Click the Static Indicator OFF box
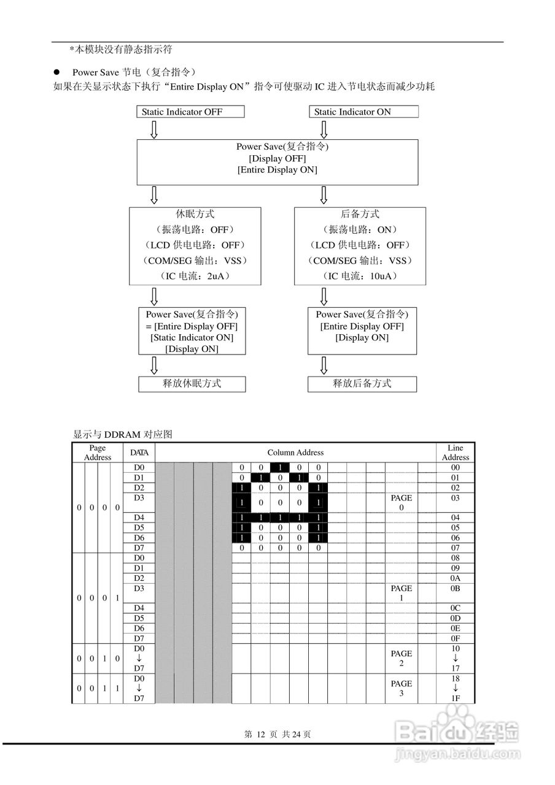[x=190, y=112]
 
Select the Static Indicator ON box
[x=363, y=112]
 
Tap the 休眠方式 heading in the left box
[x=195, y=214]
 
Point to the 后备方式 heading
[x=360, y=214]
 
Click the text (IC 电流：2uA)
[x=195, y=276]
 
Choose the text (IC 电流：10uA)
[x=360, y=276]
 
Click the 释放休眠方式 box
[x=192, y=384]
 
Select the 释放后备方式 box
[x=362, y=384]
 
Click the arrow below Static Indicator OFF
[x=154, y=129]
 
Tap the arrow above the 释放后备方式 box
[x=324, y=366]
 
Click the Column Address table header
[x=295, y=453]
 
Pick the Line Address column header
[x=456, y=453]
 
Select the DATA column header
[x=139, y=453]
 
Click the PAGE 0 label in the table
[x=402, y=503]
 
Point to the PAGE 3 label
[x=402, y=688]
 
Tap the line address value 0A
[x=456, y=578]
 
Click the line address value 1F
[x=456, y=699]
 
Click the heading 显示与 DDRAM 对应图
[x=123, y=434]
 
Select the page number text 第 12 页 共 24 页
[x=277, y=734]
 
